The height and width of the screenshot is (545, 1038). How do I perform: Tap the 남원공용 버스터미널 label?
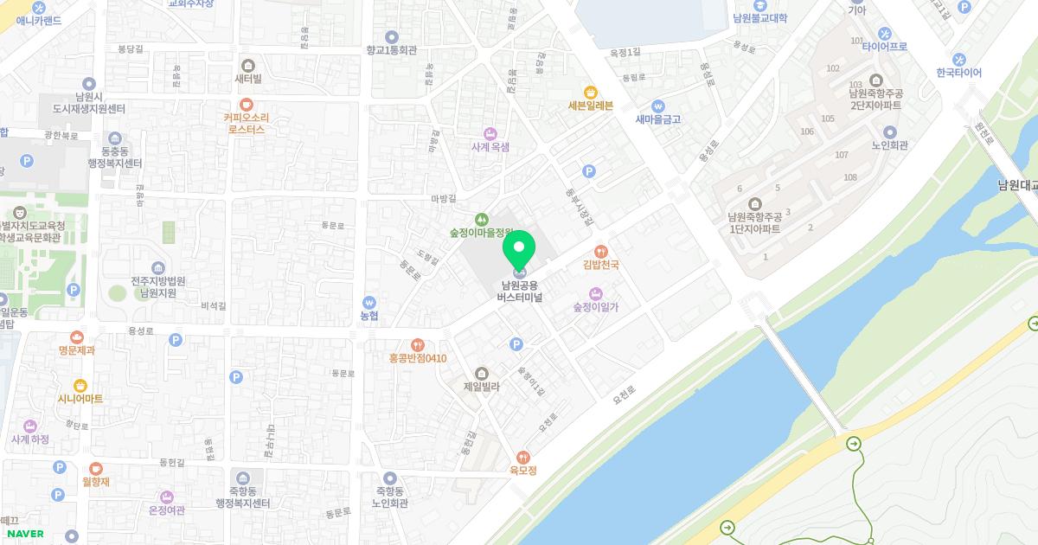coord(519,291)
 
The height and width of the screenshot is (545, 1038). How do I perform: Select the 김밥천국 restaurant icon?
coord(600,251)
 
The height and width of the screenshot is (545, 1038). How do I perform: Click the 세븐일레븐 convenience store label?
coord(590,106)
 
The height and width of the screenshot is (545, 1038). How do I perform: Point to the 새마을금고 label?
coord(658,119)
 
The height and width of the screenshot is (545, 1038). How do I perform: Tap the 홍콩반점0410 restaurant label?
coord(418,357)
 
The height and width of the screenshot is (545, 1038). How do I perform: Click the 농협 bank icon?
coord(369,303)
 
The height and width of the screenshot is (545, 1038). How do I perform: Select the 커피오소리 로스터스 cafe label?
coord(247,123)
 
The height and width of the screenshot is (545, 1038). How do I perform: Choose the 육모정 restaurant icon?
coord(522,457)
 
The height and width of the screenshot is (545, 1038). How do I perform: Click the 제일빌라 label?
coord(482,387)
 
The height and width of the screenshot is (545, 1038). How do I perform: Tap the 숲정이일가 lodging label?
coord(595,307)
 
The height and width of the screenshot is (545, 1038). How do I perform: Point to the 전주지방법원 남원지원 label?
coord(158,287)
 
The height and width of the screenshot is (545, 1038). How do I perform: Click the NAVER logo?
coord(25,534)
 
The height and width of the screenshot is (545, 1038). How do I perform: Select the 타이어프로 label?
coord(884,46)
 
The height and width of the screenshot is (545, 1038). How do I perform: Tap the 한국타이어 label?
coord(958,73)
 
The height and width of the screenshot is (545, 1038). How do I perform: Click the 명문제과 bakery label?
coord(77,350)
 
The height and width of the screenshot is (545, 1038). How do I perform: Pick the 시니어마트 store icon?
coord(80,385)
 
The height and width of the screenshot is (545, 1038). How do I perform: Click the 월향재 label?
coord(95,481)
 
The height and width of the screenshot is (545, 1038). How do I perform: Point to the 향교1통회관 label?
coord(391,50)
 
